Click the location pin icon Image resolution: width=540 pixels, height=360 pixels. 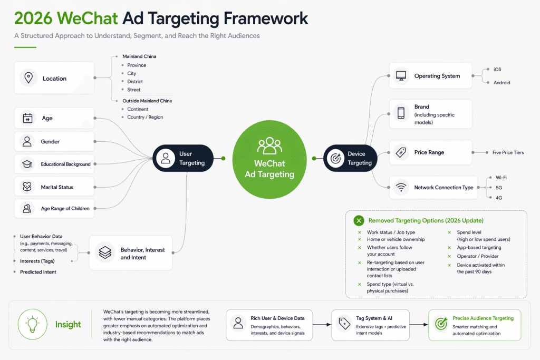click(x=28, y=78)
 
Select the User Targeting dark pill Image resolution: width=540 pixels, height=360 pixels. click(x=183, y=158)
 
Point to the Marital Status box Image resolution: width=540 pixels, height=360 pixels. click(x=54, y=187)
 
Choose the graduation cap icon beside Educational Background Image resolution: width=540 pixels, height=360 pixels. click(x=26, y=164)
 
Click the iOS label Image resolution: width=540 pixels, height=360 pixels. click(x=497, y=70)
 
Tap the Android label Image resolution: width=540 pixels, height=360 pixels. click(x=502, y=83)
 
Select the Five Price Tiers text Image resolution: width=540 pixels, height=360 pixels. click(x=508, y=152)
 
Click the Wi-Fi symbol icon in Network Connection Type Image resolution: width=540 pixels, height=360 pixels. click(x=401, y=188)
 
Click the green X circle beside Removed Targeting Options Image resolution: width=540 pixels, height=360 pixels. click(x=359, y=221)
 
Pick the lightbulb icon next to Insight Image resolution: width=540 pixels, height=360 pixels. click(x=33, y=324)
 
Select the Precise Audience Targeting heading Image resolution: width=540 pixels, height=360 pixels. click(x=483, y=318)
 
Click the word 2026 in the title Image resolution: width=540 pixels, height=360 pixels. click(x=33, y=18)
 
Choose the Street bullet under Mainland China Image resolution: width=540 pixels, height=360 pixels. click(x=134, y=90)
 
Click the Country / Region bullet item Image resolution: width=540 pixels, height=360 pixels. click(x=145, y=117)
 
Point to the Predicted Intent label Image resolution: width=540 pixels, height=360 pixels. click(x=38, y=272)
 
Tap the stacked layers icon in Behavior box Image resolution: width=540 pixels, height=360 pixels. click(x=105, y=253)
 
